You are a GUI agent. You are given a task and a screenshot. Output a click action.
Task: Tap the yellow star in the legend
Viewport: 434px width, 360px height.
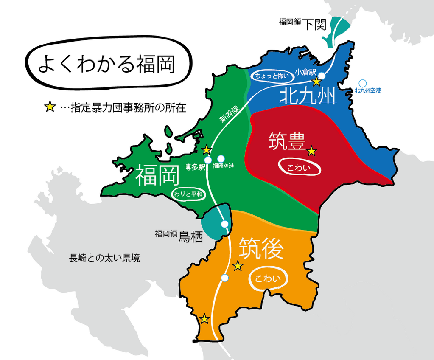pos(50,107)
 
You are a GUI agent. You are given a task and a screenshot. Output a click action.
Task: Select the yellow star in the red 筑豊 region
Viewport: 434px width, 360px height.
pos(311,151)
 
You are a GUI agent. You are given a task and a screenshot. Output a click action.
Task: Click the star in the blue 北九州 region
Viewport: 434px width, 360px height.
pos(316,82)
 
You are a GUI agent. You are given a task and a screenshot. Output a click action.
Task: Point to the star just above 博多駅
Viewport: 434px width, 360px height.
pos(206,150)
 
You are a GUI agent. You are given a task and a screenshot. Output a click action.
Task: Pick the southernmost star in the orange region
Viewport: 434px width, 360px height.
pos(204,318)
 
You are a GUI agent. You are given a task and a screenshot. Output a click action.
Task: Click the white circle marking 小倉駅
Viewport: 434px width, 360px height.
pos(322,76)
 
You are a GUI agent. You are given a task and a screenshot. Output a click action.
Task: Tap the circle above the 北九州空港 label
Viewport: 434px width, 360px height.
pos(363,83)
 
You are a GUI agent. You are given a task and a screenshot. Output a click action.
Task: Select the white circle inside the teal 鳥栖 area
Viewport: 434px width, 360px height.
pos(225,224)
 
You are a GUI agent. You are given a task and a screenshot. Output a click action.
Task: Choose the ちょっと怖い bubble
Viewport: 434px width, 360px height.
pos(272,76)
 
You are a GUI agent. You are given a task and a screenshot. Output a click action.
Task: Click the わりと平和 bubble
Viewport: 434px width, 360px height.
pos(190,194)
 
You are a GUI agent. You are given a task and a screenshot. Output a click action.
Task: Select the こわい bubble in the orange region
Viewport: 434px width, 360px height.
pos(268,279)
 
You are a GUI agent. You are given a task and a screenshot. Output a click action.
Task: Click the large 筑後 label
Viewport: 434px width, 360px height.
pos(260,248)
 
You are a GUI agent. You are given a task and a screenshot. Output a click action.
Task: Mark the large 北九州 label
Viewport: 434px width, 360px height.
pos(307,96)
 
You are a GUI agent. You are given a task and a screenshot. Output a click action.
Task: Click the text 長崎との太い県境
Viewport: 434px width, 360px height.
pos(104,258)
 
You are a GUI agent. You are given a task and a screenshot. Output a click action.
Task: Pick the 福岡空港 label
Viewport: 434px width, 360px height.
pos(223,166)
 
